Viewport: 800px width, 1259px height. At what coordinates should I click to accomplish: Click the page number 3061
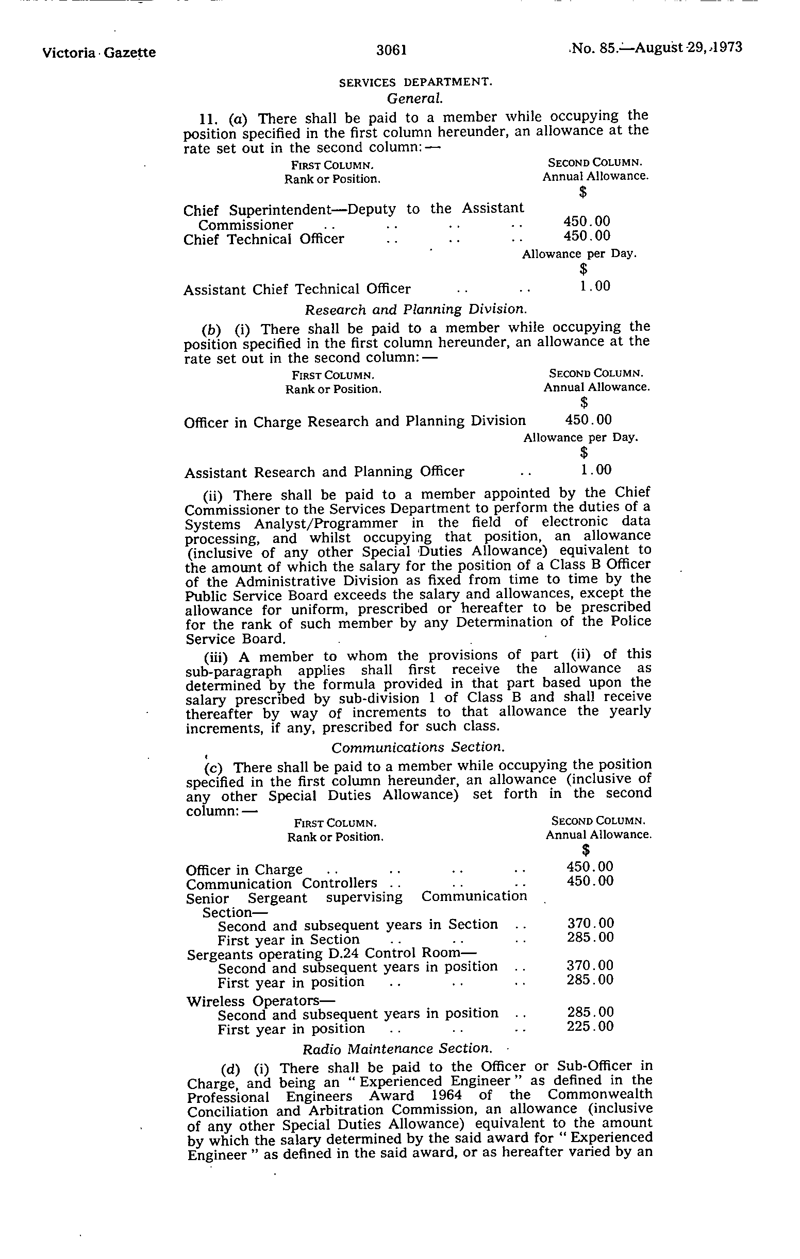click(x=391, y=50)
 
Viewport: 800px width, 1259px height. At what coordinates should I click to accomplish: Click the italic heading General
click(x=415, y=97)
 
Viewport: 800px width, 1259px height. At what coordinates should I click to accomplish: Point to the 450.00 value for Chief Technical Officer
click(x=587, y=236)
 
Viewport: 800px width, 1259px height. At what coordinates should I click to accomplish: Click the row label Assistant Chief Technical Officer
click(x=297, y=289)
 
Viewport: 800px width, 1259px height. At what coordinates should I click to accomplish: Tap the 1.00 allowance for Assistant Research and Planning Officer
click(x=595, y=469)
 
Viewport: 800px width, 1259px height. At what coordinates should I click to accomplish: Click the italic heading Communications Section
click(x=418, y=747)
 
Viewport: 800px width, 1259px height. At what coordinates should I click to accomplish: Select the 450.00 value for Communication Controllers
click(x=590, y=881)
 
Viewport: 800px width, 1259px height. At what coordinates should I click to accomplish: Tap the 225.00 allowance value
click(x=590, y=1026)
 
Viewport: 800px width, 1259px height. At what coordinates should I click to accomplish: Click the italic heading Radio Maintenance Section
click(x=397, y=1048)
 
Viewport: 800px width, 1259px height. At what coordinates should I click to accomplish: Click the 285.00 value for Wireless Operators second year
click(x=590, y=1012)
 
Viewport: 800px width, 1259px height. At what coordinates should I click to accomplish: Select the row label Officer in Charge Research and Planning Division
click(x=355, y=421)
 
